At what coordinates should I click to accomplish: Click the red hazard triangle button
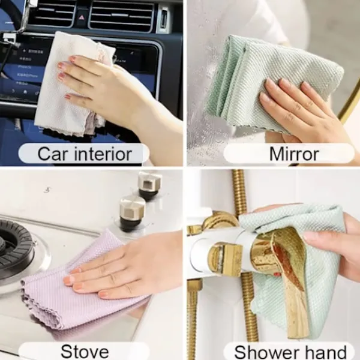tap(81, 17)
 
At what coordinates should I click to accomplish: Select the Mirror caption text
tap(294, 154)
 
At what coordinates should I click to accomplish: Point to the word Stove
tap(85, 351)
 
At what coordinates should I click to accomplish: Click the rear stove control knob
tap(149, 185)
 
